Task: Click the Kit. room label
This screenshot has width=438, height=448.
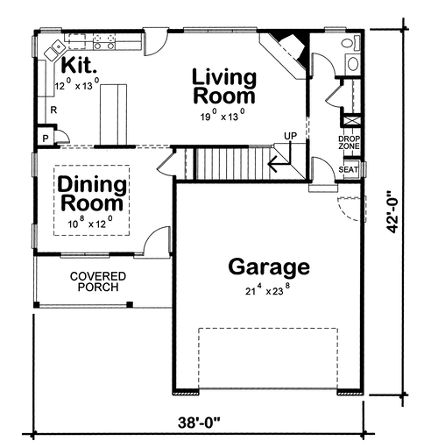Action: pyautogui.click(x=79, y=65)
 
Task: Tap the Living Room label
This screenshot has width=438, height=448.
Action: pyautogui.click(x=224, y=86)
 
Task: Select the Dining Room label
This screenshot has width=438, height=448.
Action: pyautogui.click(x=92, y=194)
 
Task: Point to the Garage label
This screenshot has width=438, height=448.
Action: pyautogui.click(x=269, y=267)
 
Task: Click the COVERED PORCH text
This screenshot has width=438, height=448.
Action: pyautogui.click(x=98, y=281)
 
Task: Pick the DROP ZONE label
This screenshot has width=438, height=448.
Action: pyautogui.click(x=350, y=142)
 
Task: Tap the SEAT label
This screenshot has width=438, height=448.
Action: pyautogui.click(x=349, y=169)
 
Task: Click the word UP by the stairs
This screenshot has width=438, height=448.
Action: pyautogui.click(x=290, y=136)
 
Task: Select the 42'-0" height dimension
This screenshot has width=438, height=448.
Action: pyautogui.click(x=392, y=212)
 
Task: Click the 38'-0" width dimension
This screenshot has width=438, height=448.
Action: pyautogui.click(x=200, y=423)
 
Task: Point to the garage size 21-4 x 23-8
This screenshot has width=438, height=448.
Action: pyautogui.click(x=268, y=290)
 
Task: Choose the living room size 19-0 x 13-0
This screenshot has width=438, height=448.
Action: pyautogui.click(x=223, y=116)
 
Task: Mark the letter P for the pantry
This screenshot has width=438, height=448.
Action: pyautogui.click(x=46, y=139)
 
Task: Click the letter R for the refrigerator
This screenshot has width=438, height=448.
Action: pyautogui.click(x=53, y=110)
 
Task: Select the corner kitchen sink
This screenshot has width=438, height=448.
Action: pyautogui.click(x=54, y=50)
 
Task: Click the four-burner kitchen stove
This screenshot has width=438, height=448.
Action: pyautogui.click(x=104, y=41)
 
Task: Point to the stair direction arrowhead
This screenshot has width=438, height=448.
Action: pyautogui.click(x=273, y=164)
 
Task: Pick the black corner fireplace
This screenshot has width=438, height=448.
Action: pyautogui.click(x=291, y=46)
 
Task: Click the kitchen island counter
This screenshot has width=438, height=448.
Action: pyautogui.click(x=114, y=115)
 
